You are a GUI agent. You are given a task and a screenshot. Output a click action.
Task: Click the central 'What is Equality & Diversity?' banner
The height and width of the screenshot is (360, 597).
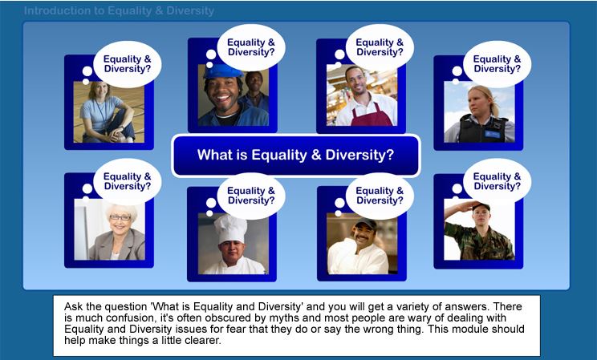tap(296, 156)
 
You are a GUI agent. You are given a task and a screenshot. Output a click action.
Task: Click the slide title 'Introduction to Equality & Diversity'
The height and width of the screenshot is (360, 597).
tap(119, 10)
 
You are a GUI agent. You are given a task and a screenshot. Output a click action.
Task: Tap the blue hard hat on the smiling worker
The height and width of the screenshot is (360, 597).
tap(222, 71)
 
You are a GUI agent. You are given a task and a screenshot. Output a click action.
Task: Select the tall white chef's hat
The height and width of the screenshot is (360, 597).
tap(230, 229)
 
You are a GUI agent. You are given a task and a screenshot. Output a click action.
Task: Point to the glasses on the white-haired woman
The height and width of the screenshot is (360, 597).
tap(120, 217)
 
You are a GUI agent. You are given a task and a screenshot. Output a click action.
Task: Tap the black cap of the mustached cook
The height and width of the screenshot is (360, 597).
tap(364, 224)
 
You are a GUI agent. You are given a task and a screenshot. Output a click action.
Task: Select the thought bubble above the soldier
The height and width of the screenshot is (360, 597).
tap(497, 181)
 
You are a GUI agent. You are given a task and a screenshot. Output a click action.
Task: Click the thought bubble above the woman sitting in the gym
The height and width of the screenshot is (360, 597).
tap(127, 64)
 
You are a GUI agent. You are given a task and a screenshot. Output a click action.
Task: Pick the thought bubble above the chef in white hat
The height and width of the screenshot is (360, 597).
tap(250, 196)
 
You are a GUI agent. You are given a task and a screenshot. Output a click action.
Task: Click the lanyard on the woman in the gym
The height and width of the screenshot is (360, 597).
tap(101, 113)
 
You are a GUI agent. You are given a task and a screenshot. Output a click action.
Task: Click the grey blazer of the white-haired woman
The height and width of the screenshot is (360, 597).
tap(117, 245)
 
